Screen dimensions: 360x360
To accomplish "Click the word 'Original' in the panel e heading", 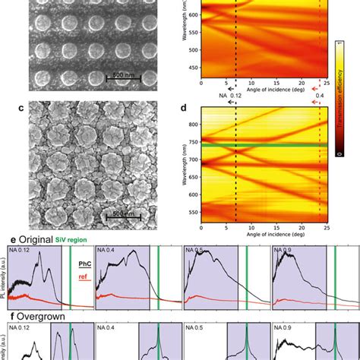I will point(33,239).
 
